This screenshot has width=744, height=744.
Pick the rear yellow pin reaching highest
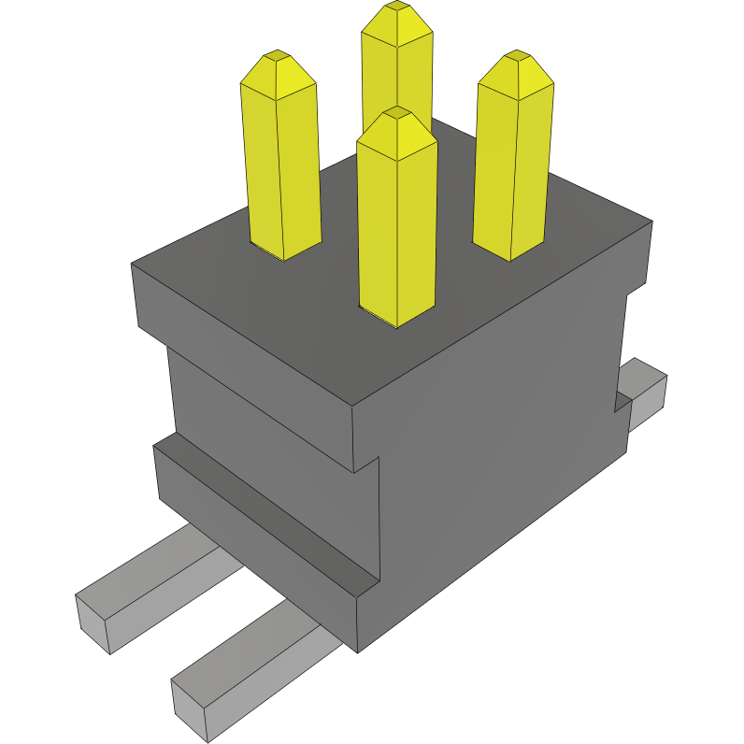[397, 65]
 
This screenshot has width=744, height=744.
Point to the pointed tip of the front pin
[397, 114]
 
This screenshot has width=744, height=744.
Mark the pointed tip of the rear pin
[397, 7]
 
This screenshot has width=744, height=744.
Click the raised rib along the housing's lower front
[262, 519]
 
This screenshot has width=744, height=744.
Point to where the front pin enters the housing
[397, 318]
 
